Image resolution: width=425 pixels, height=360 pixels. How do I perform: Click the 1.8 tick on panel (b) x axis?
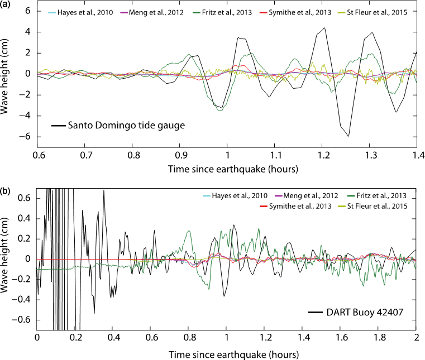click(379, 338)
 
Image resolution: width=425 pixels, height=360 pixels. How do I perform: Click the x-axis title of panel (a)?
click(227, 167)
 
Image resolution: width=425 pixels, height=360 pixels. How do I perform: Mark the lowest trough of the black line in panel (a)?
click(348, 136)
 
